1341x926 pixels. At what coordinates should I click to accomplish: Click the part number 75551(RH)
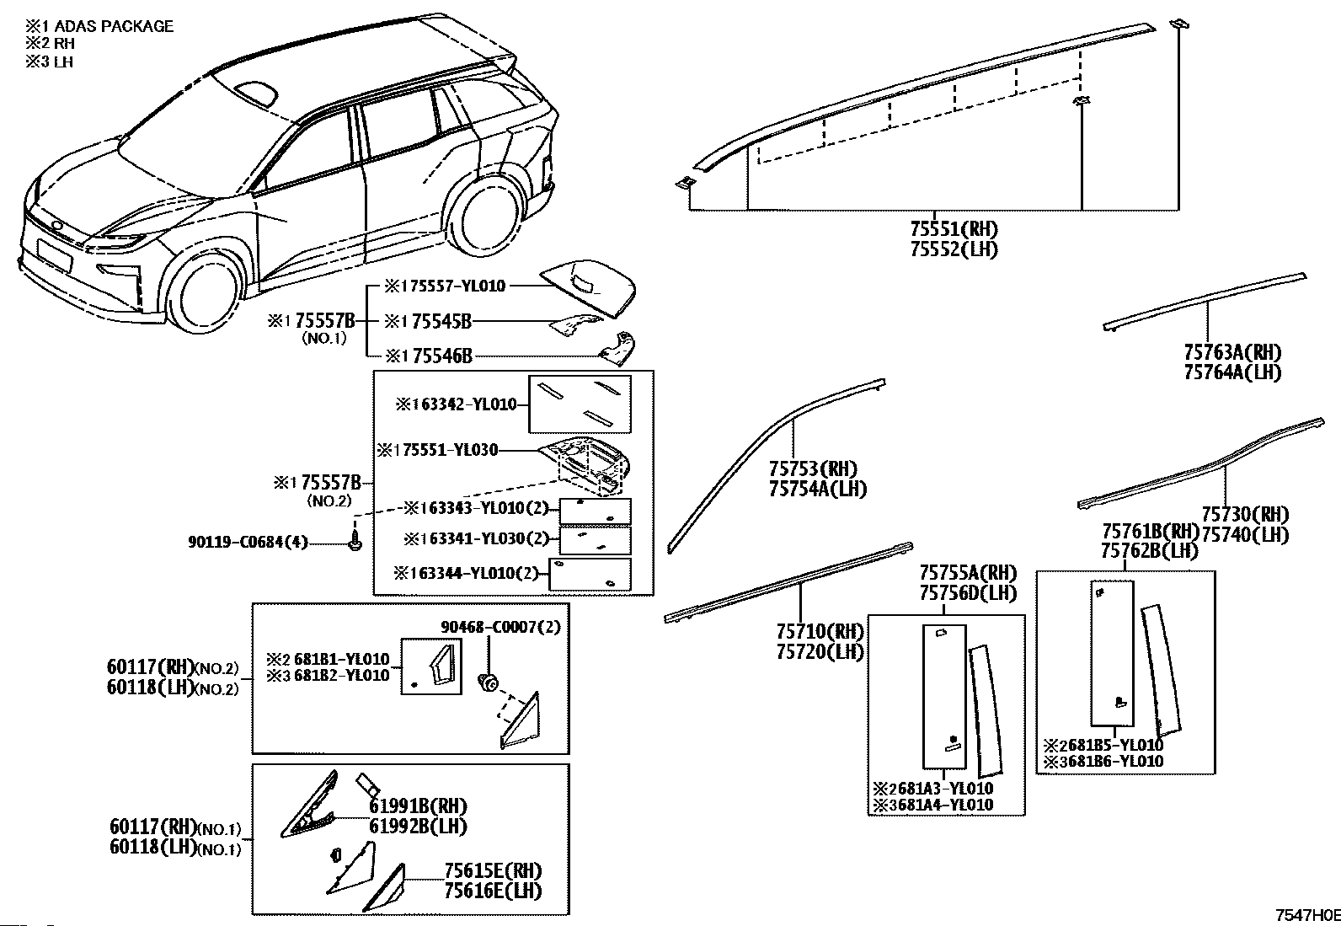[954, 228]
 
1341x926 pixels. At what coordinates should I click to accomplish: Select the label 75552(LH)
[954, 249]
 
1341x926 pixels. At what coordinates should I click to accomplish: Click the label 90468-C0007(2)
[500, 628]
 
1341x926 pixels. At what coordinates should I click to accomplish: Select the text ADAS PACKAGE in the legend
[114, 26]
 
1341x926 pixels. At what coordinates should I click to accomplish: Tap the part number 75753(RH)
[812, 469]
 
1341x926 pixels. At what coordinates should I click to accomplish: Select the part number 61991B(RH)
[418, 806]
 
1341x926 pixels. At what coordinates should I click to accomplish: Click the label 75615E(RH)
[493, 871]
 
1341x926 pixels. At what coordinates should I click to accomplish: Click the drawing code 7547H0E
[1306, 915]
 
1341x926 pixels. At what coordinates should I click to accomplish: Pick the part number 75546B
[437, 356]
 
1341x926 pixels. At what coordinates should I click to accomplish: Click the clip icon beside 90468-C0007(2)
[486, 681]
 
